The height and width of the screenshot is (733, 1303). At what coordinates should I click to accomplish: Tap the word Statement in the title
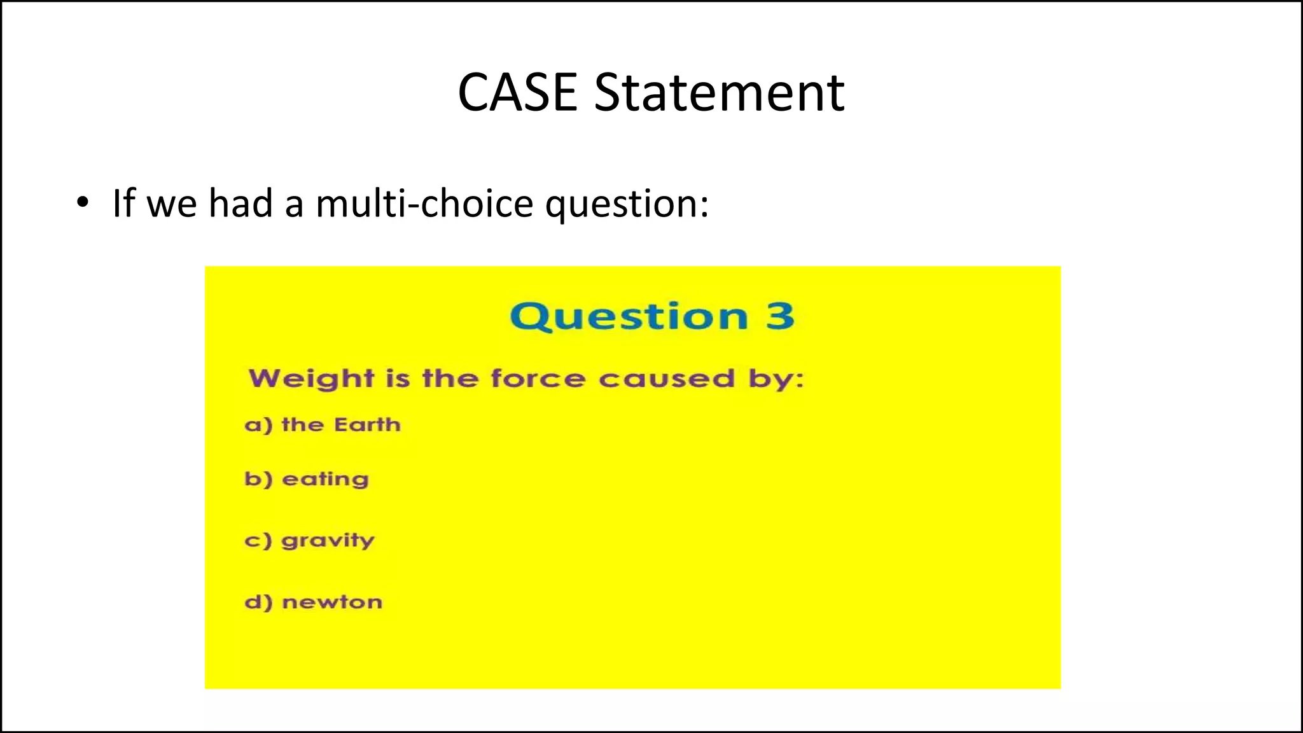719,93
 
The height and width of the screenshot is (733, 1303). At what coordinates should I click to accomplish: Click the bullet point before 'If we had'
82,204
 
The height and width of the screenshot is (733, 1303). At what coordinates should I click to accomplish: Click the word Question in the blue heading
629,316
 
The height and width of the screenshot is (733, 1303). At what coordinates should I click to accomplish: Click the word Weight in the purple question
311,379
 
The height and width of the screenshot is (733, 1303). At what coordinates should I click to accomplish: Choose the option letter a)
258,425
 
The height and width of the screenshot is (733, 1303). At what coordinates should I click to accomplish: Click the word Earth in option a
367,424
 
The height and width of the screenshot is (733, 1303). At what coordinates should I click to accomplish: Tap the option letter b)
258,479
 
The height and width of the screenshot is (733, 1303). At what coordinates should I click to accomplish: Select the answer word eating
325,480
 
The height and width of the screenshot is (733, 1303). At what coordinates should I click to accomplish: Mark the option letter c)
258,541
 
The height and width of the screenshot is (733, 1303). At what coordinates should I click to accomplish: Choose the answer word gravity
328,541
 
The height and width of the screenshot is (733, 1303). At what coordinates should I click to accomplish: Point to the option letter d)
258,602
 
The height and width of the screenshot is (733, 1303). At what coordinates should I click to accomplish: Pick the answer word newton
332,602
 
